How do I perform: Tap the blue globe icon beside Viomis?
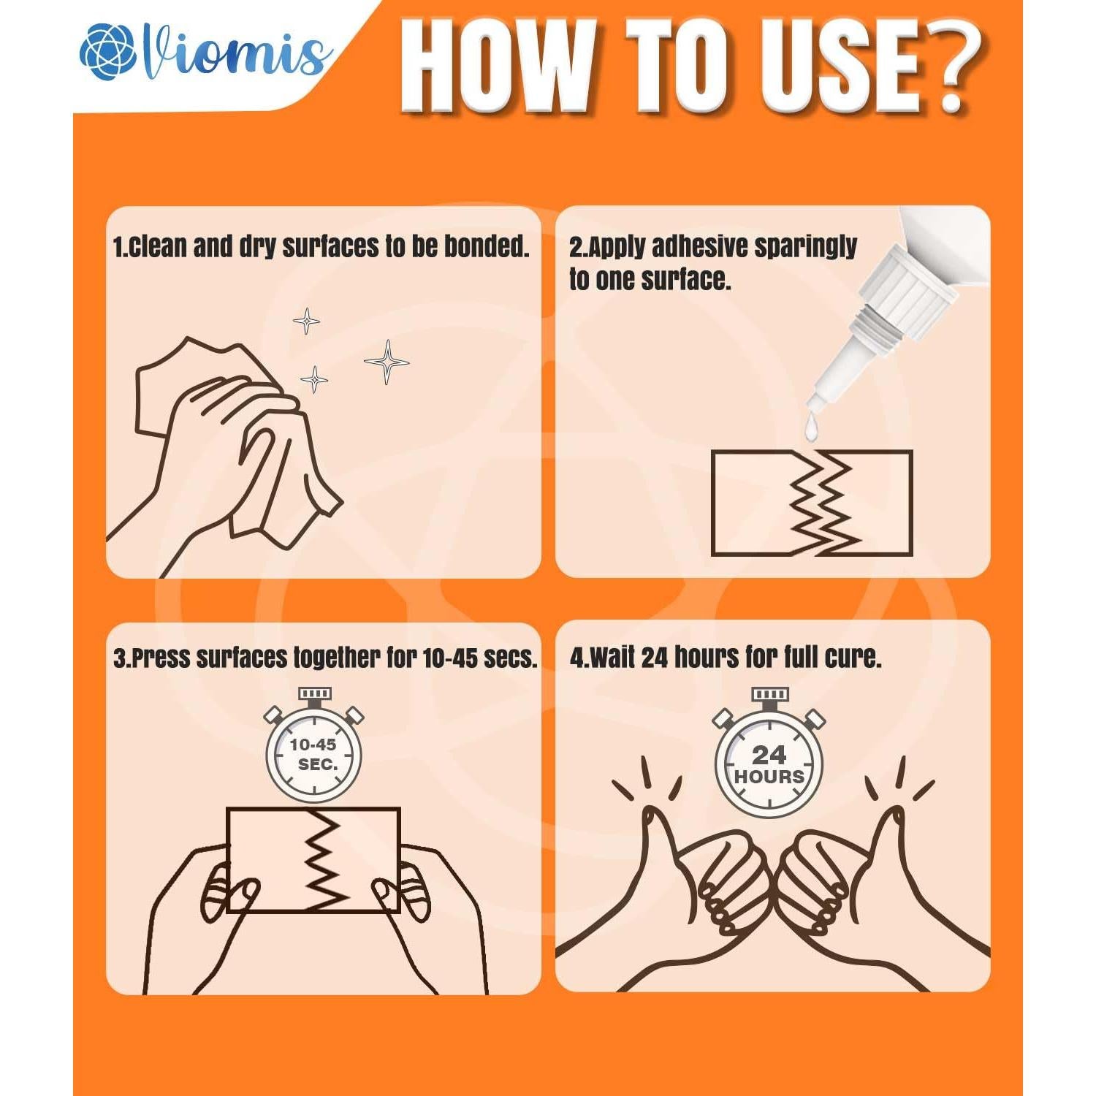tap(108, 52)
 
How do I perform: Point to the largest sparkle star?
tap(387, 362)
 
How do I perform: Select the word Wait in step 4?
tap(612, 658)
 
